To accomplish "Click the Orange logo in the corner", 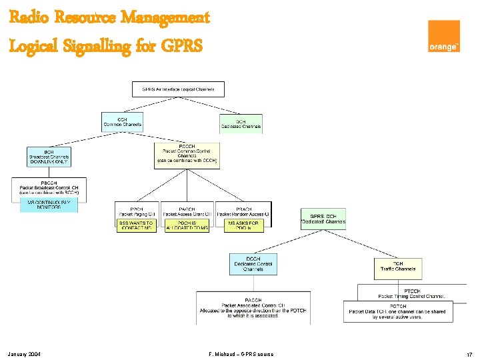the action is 444,36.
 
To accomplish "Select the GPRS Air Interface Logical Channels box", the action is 178,89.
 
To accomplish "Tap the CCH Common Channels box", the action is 123,122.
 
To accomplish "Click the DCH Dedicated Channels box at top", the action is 241,123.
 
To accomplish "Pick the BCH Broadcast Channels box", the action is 49,157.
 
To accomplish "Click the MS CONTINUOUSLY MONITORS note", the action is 49,205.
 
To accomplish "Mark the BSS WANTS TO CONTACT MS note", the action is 137,225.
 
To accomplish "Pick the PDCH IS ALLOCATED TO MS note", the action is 187,225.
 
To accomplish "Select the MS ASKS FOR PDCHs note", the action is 243,225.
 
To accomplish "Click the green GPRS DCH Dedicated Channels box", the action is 323,219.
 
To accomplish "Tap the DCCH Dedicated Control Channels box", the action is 253,264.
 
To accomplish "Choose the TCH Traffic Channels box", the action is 397,269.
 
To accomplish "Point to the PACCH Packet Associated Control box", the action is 253,307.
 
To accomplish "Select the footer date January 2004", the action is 25,353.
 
